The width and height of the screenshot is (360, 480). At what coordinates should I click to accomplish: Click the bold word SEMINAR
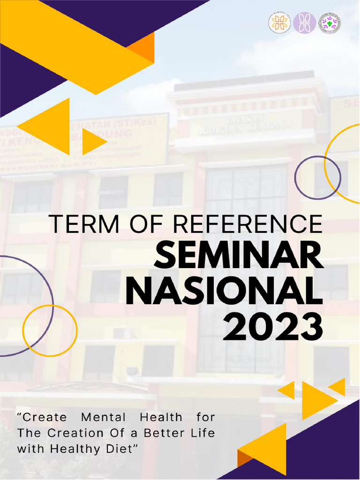point(239,258)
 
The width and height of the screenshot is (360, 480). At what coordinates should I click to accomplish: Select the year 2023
point(272,326)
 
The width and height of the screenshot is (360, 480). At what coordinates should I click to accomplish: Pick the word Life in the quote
point(203,432)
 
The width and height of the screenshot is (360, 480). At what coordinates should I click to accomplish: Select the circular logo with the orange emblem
point(279,22)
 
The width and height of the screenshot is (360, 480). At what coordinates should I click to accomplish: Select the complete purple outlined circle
point(317,178)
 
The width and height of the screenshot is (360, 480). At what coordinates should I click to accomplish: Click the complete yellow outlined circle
point(50,330)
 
